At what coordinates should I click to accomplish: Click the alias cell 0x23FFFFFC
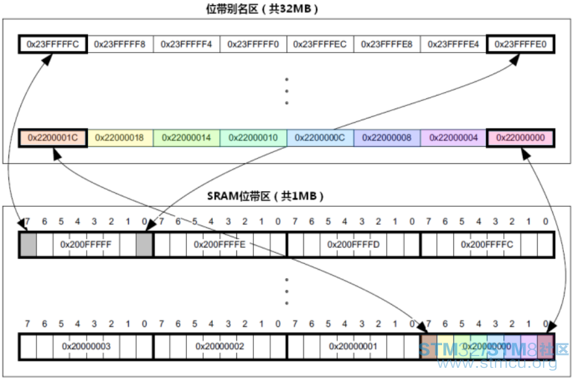(x=53, y=44)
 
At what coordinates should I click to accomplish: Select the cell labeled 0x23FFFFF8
(x=120, y=44)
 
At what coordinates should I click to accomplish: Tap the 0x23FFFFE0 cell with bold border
(x=521, y=44)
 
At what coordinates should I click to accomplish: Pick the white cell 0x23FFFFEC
(x=320, y=44)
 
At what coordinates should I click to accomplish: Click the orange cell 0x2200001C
(x=53, y=138)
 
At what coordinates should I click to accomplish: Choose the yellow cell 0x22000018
(x=120, y=138)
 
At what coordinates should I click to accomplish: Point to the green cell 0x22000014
(x=186, y=138)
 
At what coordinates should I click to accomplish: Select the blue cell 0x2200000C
(x=320, y=138)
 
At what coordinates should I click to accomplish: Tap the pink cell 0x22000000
(x=521, y=138)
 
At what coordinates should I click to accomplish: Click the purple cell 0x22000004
(x=453, y=138)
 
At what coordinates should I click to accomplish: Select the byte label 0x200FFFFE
(x=220, y=244)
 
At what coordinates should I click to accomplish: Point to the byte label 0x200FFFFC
(x=487, y=244)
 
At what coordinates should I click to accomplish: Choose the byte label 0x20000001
(x=354, y=346)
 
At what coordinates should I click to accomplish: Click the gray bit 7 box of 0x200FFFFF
(x=28, y=244)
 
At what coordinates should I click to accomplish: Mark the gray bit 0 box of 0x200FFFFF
(x=145, y=244)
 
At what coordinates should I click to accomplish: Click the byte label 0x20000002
(x=220, y=346)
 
